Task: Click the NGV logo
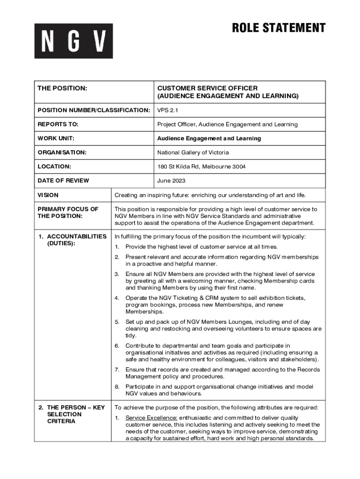pos(73,41)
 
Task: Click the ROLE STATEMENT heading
pos(279,28)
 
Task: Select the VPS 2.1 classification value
pos(168,110)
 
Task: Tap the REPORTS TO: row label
pos(58,124)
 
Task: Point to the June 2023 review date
pos(171,181)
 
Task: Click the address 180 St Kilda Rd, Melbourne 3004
pos(201,167)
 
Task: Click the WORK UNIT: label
pos(56,138)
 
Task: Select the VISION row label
pos(48,195)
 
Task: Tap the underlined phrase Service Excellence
pos(151,418)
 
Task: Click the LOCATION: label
pos(54,167)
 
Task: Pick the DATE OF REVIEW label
pos(63,181)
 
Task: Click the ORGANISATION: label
pos(62,152)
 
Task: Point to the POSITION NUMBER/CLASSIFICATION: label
pos(94,110)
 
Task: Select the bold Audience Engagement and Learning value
pos(209,138)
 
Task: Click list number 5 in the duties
pos(117,322)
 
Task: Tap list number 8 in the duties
pos(117,387)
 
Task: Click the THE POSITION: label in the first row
pos(62,88)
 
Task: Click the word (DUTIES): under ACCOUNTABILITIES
pos(61,244)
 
